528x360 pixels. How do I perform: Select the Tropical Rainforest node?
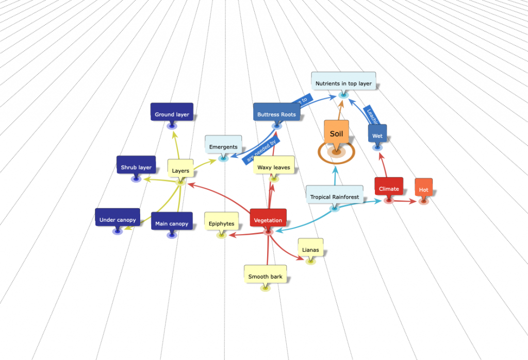pyautogui.click(x=334, y=197)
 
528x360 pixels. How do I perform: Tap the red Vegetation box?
pyautogui.click(x=268, y=220)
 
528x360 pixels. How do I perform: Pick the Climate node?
pyautogui.click(x=388, y=189)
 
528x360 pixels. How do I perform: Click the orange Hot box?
pyautogui.click(x=423, y=190)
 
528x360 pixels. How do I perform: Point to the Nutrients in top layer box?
pyautogui.click(x=343, y=83)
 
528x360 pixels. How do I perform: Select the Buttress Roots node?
pyautogui.click(x=277, y=114)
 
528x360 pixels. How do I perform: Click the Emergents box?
pyautogui.click(x=223, y=147)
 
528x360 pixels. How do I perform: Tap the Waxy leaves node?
pyautogui.click(x=274, y=167)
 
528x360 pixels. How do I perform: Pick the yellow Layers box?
pyautogui.click(x=180, y=171)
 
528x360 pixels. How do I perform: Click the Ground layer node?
pyautogui.click(x=172, y=114)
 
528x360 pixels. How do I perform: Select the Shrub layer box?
pyautogui.click(x=136, y=168)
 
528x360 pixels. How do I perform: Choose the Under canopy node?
pyautogui.click(x=118, y=220)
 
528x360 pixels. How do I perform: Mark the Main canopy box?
pyautogui.click(x=172, y=224)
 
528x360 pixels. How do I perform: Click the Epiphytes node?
pyautogui.click(x=221, y=224)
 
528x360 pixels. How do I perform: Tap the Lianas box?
pyautogui.click(x=310, y=250)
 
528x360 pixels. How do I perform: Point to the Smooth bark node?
pyautogui.click(x=265, y=276)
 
